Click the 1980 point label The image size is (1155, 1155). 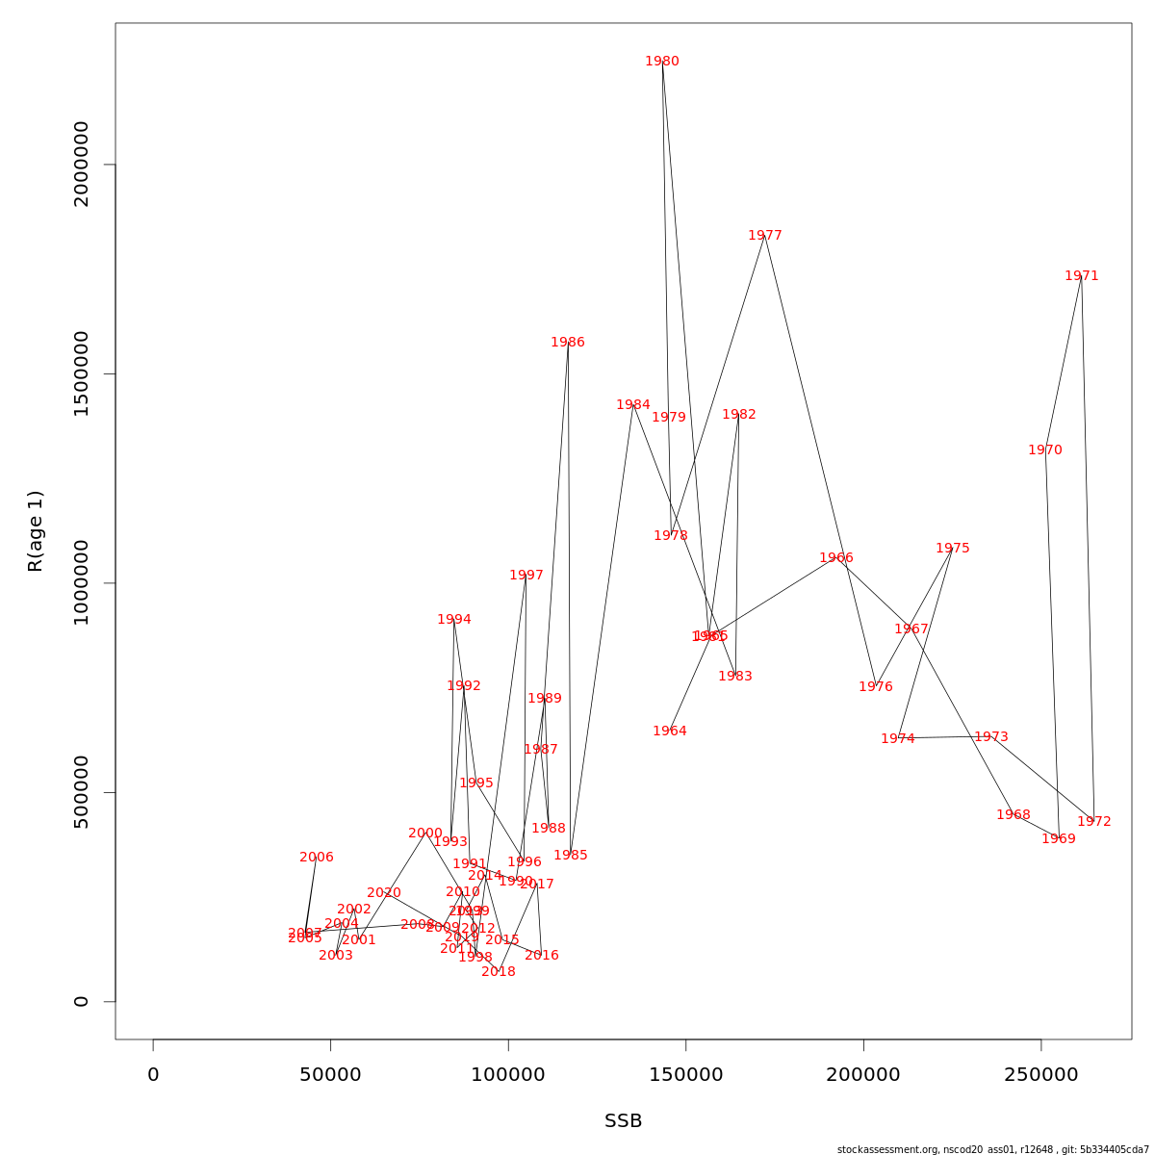662,62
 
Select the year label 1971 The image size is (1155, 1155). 1081,276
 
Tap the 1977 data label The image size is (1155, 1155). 765,236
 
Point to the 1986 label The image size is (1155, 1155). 568,343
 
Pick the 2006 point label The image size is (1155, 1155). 317,858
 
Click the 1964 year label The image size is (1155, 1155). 670,731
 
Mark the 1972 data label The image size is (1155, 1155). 1094,822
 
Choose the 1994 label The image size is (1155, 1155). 454,620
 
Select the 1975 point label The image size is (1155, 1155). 953,549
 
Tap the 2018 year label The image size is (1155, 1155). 499,972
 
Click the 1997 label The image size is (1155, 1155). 526,576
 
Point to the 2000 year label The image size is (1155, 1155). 425,834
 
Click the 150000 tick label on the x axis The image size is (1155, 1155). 686,1075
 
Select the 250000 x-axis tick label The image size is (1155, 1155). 1041,1075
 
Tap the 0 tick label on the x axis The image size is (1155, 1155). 153,1075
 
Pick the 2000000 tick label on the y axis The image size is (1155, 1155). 82,165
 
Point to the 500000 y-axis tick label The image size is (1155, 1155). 82,792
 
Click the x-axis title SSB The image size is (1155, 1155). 623,1121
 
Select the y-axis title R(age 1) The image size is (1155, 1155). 36,531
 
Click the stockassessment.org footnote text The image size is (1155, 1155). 992,1149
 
